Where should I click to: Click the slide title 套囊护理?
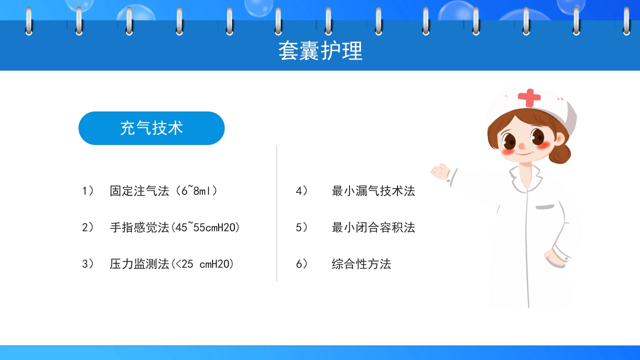coord(320,51)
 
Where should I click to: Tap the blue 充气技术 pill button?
coord(151,128)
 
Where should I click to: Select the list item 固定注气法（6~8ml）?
coord(163,191)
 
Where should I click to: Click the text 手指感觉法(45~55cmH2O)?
coord(174,227)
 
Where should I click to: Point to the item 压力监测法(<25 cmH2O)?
coord(171,264)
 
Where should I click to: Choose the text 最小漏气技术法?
coord(373,191)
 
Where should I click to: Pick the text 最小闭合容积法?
coord(373,227)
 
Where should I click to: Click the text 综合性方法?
coord(361,264)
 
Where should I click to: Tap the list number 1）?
coord(88,191)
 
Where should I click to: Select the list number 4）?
coord(301,191)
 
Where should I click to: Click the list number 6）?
coord(301,264)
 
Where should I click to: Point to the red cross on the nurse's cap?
coord(529,97)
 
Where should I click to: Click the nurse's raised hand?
coord(440,171)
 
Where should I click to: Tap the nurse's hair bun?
coord(561,153)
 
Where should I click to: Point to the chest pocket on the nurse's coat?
coord(546,206)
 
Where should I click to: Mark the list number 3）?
coord(88,264)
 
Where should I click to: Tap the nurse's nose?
coord(521,146)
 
